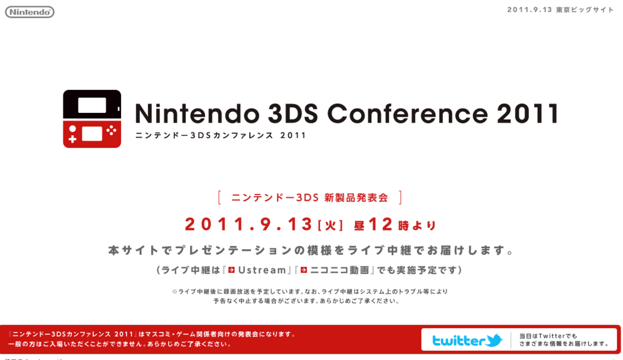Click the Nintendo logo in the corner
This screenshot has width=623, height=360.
coord(30,12)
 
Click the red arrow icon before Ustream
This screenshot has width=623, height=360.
coord(232,270)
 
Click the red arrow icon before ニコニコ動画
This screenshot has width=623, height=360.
coord(304,270)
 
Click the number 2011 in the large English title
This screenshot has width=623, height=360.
coord(528,113)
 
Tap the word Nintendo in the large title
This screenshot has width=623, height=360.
coord(197,113)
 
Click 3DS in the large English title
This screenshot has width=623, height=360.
coord(293,113)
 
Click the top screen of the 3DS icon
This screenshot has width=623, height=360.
coord(92,104)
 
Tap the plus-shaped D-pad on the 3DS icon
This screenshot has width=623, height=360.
coord(73,139)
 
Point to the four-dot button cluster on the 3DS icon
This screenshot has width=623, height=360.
coord(111,131)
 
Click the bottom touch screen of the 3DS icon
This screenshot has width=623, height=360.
coord(92,134)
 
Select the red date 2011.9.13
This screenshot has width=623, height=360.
coord(248,224)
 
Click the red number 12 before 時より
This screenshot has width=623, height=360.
coord(380,224)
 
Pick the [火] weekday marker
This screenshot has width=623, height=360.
coord(330,226)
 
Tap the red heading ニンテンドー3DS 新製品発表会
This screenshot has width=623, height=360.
coord(310,198)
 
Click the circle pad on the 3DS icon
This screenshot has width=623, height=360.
coord(73,129)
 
